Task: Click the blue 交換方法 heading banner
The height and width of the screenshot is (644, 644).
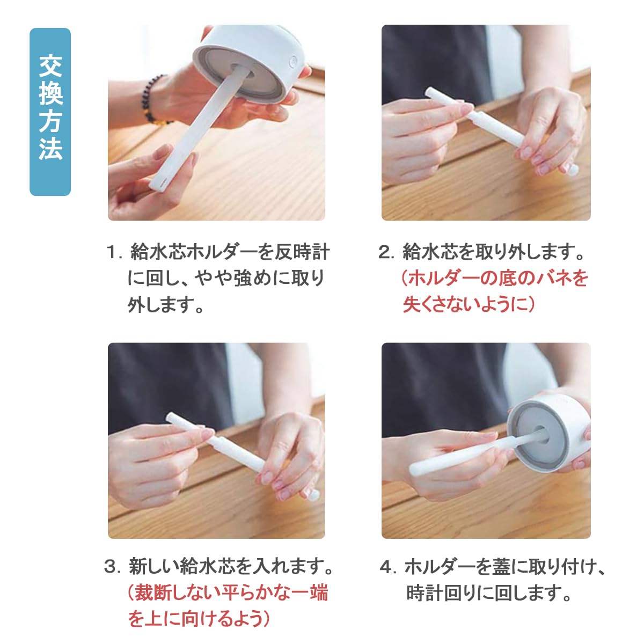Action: (50, 112)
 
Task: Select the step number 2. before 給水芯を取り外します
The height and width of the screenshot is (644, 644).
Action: (386, 252)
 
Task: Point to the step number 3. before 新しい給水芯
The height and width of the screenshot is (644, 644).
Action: (113, 566)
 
